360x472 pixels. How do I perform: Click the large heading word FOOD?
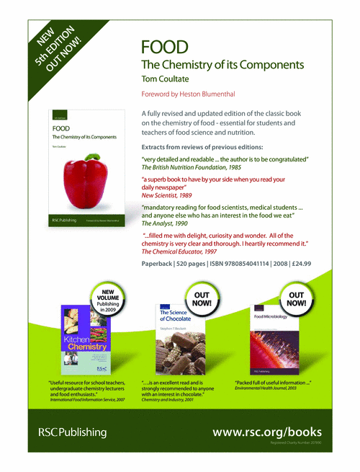165,48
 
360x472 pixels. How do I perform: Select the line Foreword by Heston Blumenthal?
189,94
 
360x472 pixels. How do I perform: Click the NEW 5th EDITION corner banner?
55,46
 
